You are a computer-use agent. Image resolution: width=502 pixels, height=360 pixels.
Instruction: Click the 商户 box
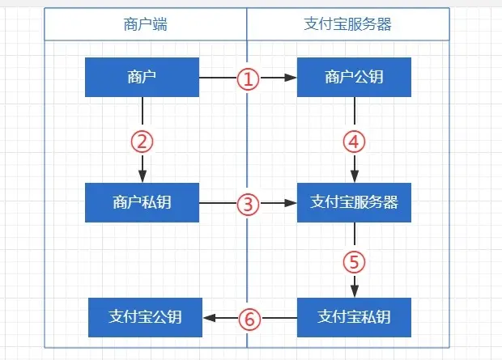pos(142,78)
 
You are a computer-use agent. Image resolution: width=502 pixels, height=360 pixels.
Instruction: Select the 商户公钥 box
pos(354,78)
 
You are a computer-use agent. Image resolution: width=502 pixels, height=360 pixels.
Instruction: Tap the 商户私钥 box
pos(142,202)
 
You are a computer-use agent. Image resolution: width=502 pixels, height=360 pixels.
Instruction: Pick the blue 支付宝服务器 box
pos(354,202)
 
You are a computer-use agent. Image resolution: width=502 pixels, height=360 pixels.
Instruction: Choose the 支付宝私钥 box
pos(354,317)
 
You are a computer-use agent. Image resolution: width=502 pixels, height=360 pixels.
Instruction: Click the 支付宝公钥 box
pos(146,317)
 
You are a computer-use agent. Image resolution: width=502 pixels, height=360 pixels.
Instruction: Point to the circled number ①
pos(248,78)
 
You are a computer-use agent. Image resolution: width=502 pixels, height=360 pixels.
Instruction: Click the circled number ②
pos(142,142)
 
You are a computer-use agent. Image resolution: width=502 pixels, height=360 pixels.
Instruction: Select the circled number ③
pos(248,204)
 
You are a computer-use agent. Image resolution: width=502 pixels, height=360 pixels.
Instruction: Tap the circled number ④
pos(354,142)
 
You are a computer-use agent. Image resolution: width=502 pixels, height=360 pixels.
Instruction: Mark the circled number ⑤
pos(354,261)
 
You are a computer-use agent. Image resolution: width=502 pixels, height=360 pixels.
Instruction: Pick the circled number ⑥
pos(249,318)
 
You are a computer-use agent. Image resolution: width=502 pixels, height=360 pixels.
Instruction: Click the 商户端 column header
pos(146,24)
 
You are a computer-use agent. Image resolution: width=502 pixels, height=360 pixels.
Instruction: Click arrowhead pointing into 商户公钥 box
pos(291,78)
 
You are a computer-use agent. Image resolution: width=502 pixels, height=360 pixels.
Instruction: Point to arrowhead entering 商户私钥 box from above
pos(142,177)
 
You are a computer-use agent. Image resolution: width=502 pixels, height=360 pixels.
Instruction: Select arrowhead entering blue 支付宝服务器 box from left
pos(291,202)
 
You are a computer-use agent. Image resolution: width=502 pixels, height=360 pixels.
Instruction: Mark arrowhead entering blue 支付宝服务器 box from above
pos(354,177)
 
